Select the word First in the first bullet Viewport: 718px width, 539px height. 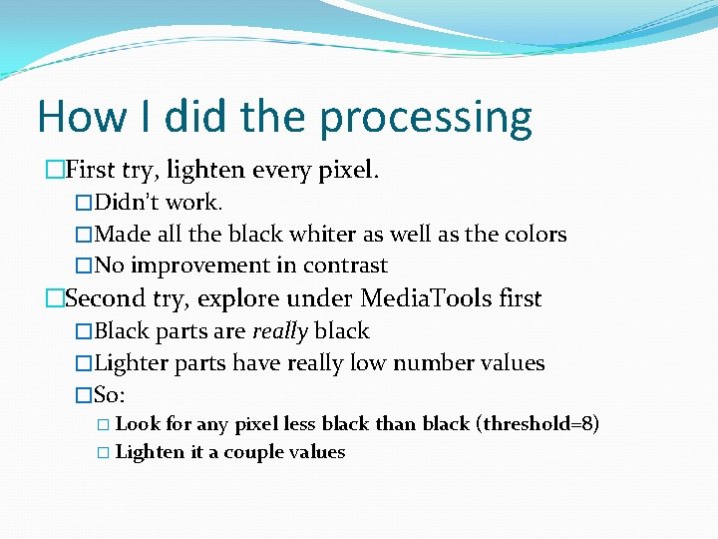click(x=91, y=171)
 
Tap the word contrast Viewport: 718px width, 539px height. click(x=346, y=266)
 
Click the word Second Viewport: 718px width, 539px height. click(x=104, y=298)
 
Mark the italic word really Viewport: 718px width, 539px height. click(x=280, y=331)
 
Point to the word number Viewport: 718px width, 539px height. click(x=432, y=363)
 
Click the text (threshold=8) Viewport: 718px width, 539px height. click(x=538, y=423)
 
